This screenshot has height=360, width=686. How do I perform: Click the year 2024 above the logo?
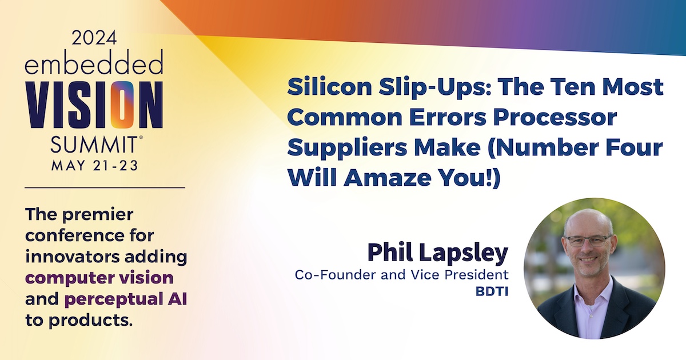94,38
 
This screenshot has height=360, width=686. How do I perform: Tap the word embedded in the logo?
94,62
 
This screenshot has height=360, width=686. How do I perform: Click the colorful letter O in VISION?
122,105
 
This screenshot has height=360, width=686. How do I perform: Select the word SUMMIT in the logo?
94,145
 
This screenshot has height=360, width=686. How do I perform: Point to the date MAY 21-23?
95,166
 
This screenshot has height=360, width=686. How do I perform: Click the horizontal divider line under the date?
105,187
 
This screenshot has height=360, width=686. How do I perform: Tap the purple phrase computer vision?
99,278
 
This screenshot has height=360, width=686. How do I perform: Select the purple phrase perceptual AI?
126,299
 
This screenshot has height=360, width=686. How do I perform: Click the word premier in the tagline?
98,215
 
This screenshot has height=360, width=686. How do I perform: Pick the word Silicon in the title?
329,87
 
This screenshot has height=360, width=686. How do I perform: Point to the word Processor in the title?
555,117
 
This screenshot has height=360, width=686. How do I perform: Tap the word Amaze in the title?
388,177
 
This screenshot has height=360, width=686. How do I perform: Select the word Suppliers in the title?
347,148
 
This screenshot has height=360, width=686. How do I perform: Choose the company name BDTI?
492,292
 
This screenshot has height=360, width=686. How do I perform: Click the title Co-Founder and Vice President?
401,275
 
